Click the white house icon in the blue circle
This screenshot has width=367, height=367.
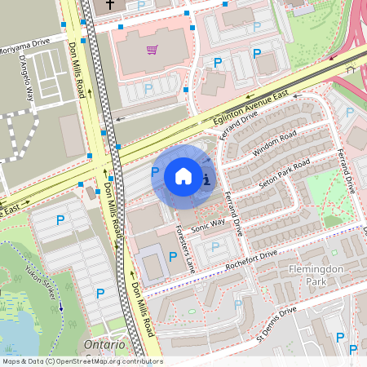tap(183, 176)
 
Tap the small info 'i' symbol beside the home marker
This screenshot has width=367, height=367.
tap(207, 179)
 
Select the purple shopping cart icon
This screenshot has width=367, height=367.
tap(152, 50)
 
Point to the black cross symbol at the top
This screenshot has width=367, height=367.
tap(110, 5)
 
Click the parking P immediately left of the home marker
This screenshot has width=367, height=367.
tap(155, 172)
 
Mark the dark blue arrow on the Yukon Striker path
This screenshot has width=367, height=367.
tap(60, 308)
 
